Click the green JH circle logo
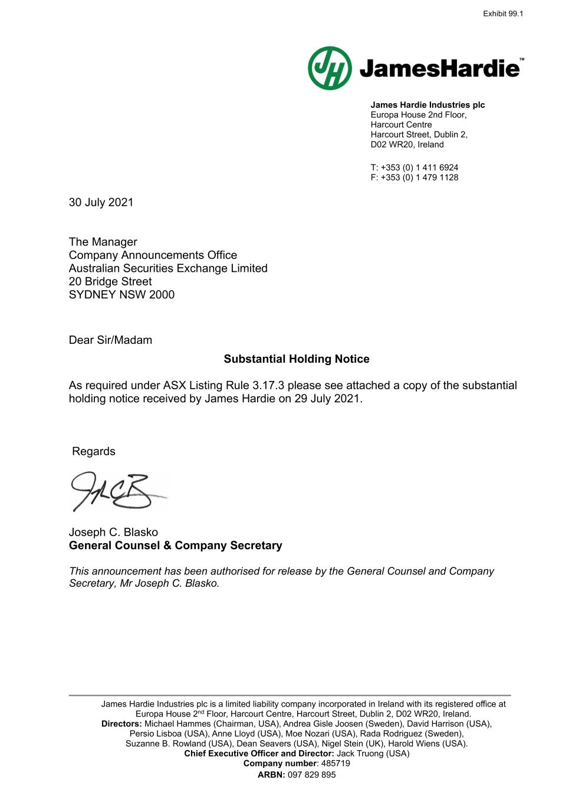(330, 68)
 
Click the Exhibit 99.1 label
(502, 14)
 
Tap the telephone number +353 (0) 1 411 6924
(419, 167)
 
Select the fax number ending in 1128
(419, 178)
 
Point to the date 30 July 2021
(101, 202)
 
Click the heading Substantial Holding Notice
(297, 359)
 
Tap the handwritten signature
(115, 491)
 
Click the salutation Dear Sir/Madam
(110, 340)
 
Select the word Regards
(93, 452)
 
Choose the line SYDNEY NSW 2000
(121, 295)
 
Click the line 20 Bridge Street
(110, 282)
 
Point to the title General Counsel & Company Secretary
(175, 546)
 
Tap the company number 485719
(336, 763)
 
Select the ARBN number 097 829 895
(311, 775)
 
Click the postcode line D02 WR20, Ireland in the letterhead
(407, 144)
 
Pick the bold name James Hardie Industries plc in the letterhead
(427, 105)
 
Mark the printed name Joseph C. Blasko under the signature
(113, 533)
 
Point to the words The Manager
(103, 242)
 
